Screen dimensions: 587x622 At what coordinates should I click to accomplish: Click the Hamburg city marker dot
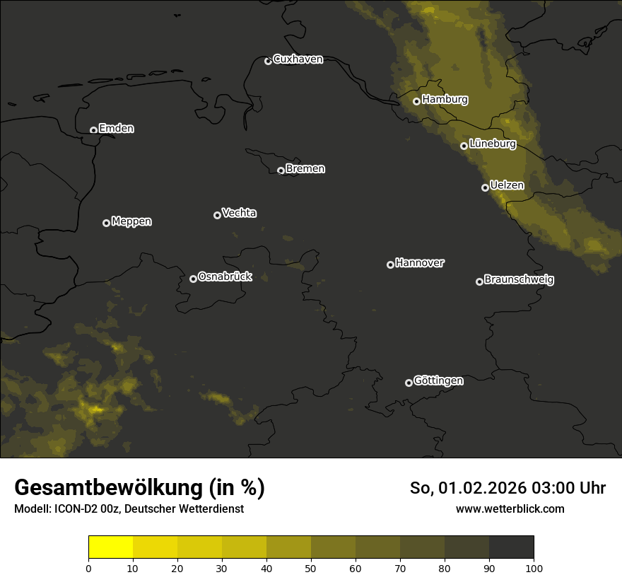416,101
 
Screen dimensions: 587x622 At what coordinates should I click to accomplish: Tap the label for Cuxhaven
298,59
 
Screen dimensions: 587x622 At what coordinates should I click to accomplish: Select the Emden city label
116,129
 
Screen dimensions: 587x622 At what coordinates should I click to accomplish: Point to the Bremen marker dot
281,170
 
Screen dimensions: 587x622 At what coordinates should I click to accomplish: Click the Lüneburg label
492,144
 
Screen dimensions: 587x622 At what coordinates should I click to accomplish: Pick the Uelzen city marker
485,187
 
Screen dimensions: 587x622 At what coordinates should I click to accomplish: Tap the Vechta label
239,213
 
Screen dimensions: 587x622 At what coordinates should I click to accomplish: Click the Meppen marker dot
106,223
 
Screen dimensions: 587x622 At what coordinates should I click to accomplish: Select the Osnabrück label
225,277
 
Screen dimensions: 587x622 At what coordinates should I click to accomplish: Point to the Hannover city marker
390,265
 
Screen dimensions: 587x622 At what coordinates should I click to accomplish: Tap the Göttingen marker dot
409,383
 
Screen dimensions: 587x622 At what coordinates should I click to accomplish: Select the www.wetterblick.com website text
510,508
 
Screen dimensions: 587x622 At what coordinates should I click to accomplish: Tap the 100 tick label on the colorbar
534,568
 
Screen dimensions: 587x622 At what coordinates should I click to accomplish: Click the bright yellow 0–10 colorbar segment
111,547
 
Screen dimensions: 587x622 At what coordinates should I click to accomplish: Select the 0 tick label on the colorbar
88,568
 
